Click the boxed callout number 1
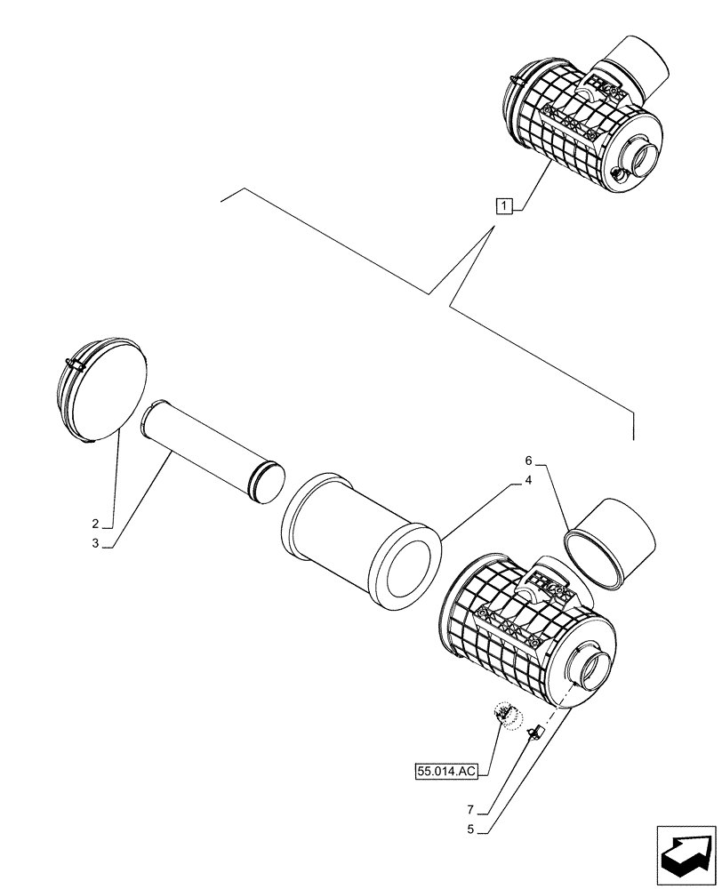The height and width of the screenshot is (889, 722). [x=504, y=207]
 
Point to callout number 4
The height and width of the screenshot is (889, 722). [x=527, y=480]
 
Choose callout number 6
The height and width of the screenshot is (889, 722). [x=527, y=461]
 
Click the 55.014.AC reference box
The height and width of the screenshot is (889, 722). [x=446, y=772]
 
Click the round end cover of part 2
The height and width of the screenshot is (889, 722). [x=100, y=391]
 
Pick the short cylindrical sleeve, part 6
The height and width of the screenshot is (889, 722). [x=612, y=542]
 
